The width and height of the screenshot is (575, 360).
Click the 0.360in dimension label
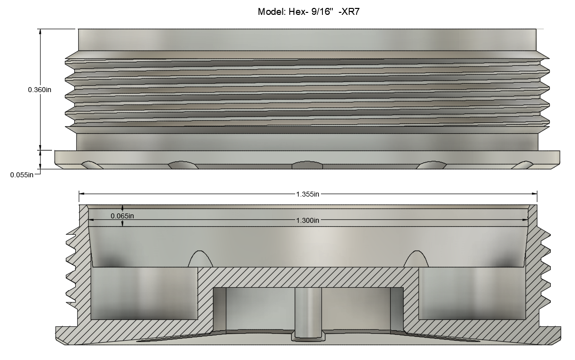click(40, 90)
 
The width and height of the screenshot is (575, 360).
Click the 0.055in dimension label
click(22, 175)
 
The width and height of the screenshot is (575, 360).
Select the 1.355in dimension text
click(308, 194)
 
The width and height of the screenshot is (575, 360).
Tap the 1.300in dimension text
click(308, 220)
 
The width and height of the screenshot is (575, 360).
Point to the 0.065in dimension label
click(122, 216)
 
